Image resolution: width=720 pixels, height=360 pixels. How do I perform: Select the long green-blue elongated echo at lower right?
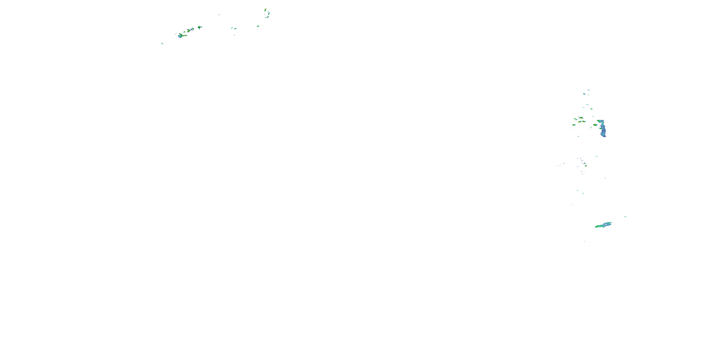point(603,225)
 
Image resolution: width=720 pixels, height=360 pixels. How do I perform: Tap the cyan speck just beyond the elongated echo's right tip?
point(625,217)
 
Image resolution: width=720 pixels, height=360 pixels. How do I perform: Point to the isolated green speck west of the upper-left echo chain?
point(162,43)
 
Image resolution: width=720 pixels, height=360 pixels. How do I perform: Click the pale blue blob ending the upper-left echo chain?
point(180,36)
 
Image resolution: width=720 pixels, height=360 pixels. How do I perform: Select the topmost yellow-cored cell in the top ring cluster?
point(265,10)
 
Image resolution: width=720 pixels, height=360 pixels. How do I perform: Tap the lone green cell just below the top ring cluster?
point(258,26)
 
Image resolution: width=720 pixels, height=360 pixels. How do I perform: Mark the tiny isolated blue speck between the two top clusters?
point(219,15)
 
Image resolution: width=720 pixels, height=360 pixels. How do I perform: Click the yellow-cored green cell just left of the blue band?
point(595,125)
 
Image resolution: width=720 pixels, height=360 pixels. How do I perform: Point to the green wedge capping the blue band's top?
point(599,121)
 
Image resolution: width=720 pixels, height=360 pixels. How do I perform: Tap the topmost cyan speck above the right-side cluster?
point(589,90)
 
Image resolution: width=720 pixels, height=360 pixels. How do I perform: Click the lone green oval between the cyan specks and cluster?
point(591,109)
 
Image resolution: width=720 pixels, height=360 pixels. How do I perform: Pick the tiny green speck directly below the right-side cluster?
point(578,136)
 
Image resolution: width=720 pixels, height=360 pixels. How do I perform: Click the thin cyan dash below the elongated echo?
point(584,241)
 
